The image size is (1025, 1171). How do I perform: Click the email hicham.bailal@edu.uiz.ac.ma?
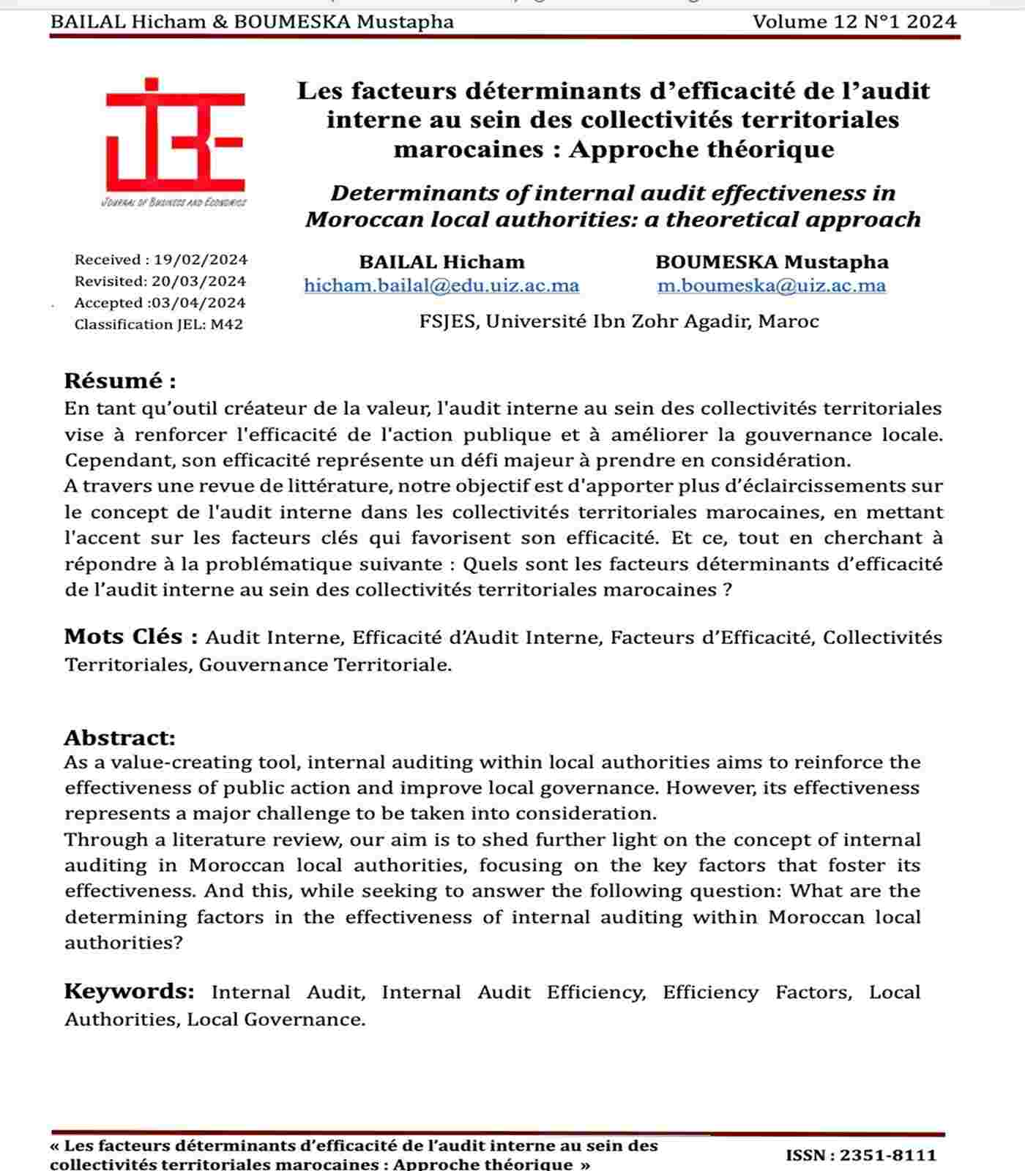click(441, 285)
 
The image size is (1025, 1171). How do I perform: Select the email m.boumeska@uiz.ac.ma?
click(772, 285)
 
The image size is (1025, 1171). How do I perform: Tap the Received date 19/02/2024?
click(201, 260)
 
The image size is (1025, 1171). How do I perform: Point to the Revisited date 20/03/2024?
click(198, 281)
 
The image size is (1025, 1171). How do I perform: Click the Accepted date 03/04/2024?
click(198, 303)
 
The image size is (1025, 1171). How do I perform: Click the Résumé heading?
click(120, 381)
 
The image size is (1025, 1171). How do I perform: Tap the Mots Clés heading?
click(131, 637)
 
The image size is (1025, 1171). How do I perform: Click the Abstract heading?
click(120, 737)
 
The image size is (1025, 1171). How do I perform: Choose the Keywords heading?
click(129, 992)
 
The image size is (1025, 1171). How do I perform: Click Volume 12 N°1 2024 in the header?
click(854, 22)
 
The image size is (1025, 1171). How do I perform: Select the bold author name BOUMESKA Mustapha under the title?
click(772, 262)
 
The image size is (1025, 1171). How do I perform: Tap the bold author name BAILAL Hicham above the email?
click(441, 262)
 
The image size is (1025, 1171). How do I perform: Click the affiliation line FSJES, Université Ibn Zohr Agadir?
click(619, 321)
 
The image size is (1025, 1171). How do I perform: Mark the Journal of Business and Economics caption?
click(174, 203)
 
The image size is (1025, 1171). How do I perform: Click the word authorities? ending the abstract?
click(123, 943)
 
